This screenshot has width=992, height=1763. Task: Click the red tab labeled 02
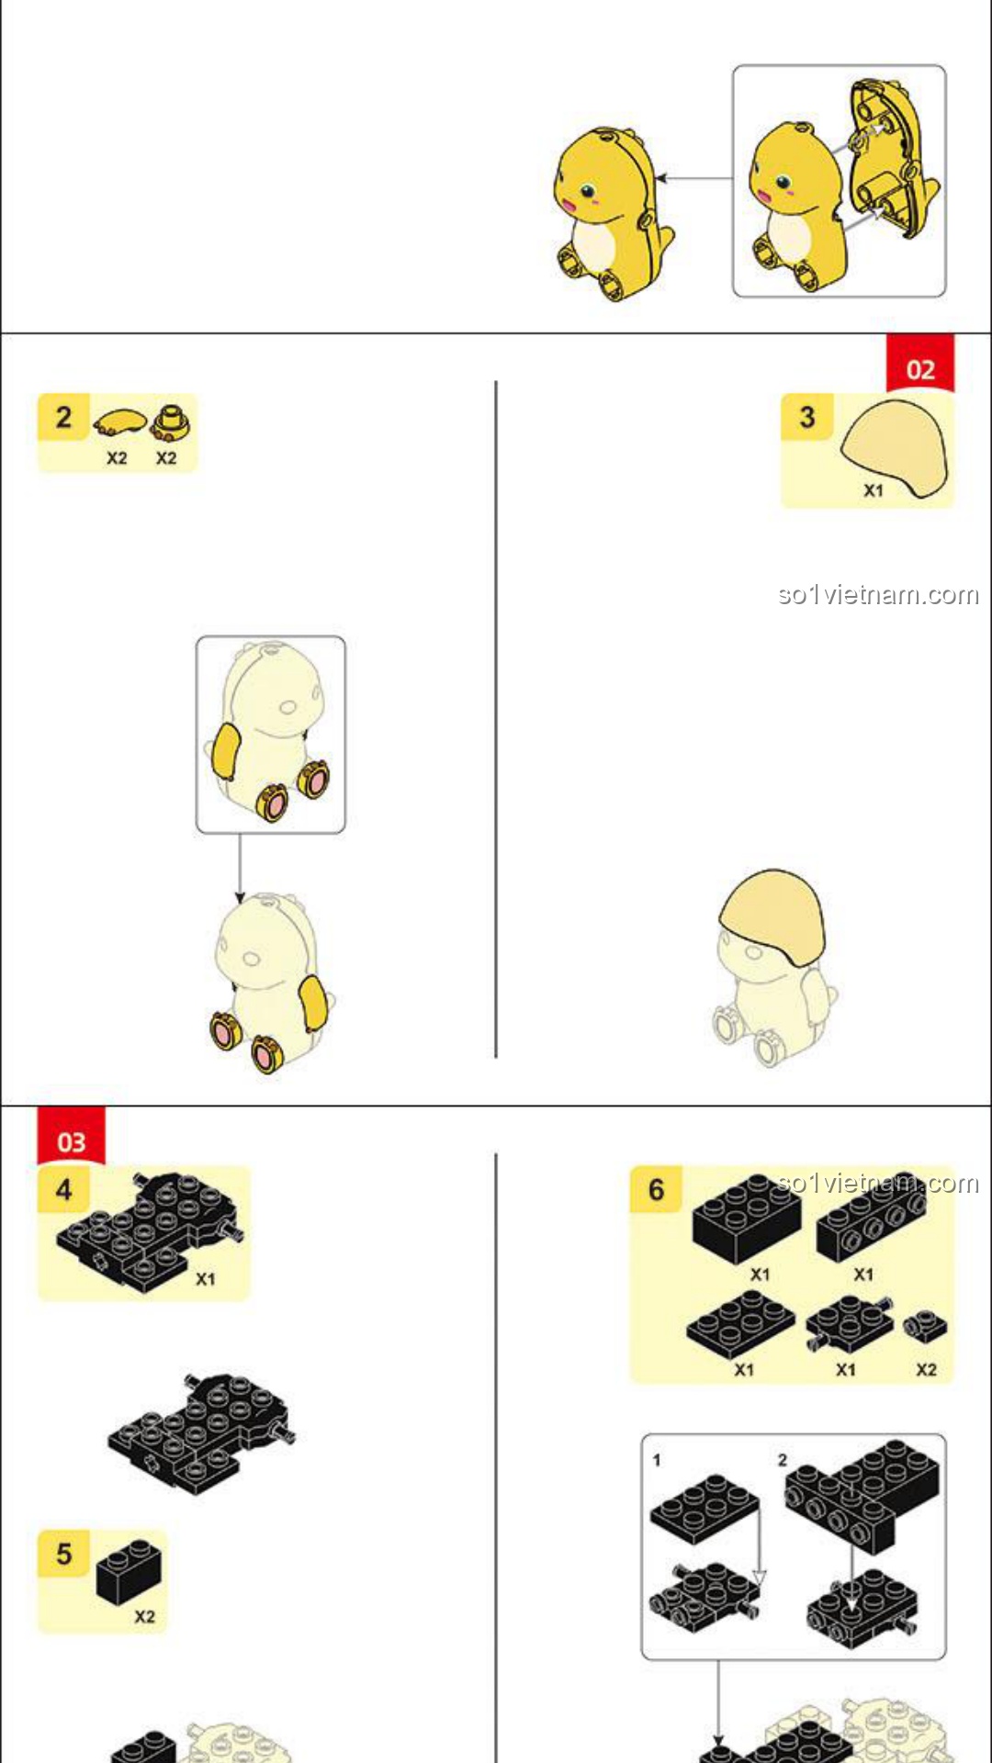coord(919,365)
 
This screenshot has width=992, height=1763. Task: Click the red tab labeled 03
coord(71,1138)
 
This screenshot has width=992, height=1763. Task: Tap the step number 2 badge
coord(63,417)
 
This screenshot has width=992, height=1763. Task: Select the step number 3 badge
coord(806,417)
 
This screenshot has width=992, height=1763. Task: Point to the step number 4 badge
coord(63,1190)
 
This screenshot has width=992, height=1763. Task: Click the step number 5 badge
coord(63,1554)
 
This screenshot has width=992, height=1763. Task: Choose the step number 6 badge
coord(656,1190)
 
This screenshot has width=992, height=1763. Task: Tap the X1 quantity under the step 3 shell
coord(873,490)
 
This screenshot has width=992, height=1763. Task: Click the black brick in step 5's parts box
coord(129,1571)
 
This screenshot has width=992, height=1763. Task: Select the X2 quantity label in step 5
coord(144,1617)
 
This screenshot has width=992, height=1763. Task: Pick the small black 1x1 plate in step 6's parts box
coord(925,1325)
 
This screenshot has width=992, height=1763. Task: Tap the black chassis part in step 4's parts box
coord(150,1230)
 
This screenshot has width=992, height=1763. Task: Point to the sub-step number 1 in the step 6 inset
coord(657,1460)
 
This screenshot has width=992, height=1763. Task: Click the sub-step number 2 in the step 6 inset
coord(783,1460)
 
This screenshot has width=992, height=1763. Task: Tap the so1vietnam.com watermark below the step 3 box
coord(878,595)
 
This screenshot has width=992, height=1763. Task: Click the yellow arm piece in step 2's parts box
coord(120,422)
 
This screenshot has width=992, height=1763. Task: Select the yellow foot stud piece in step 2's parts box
coord(171,421)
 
